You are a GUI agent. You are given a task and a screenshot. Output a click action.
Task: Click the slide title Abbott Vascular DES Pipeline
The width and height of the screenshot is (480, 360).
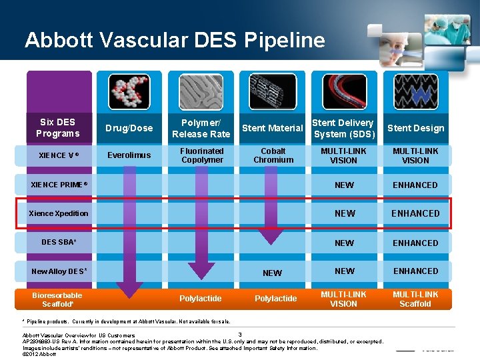[x=175, y=40]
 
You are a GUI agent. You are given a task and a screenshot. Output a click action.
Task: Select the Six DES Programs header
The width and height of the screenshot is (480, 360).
[x=57, y=127]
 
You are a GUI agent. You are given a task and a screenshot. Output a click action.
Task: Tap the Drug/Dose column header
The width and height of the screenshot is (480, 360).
[x=129, y=128]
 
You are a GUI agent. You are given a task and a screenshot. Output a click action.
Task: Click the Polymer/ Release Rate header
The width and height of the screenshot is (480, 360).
[x=201, y=128]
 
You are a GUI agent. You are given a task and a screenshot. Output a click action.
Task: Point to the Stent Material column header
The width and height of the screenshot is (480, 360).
[x=272, y=128]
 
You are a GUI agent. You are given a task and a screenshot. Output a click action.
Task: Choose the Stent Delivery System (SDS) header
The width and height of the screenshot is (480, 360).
[x=343, y=128]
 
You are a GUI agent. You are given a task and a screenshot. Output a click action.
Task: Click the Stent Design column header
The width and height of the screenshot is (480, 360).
[x=415, y=128]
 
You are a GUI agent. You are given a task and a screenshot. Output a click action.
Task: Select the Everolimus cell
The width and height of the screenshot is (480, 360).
[x=129, y=155]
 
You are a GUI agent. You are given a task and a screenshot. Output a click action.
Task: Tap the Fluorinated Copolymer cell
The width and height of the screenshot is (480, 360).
[x=202, y=155]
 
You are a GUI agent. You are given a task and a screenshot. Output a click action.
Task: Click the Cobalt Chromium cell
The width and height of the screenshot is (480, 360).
[x=273, y=155]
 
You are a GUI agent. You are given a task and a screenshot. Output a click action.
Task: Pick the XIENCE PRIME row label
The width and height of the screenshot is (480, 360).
[x=59, y=185]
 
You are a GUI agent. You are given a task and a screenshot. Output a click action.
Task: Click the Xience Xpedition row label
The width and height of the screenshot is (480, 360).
[x=59, y=213]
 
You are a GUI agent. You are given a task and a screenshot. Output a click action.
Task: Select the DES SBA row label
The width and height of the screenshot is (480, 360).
[x=59, y=242]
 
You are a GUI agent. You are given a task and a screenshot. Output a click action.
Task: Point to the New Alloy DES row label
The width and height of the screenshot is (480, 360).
[x=59, y=271]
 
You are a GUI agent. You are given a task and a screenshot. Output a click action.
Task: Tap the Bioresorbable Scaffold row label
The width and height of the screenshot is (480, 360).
[x=57, y=299]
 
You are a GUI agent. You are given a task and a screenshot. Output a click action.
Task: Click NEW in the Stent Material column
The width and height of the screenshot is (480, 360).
[x=272, y=273]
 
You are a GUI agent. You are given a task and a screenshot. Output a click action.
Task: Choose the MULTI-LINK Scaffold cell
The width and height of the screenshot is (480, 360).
[x=415, y=299]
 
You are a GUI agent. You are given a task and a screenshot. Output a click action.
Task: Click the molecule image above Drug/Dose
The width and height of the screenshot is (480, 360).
[x=129, y=91]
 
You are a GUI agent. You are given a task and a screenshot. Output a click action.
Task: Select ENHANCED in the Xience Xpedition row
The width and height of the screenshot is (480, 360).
[x=415, y=213]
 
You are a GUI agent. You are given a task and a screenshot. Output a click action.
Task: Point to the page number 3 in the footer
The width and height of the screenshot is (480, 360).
[x=239, y=334]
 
